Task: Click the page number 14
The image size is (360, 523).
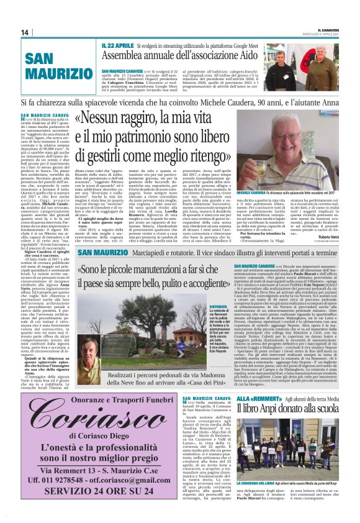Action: (25, 32)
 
